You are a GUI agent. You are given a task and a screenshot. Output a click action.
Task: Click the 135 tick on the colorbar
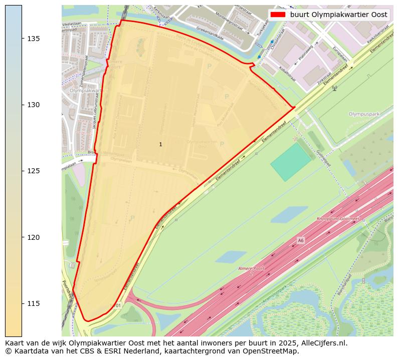pyautogui.click(x=33, y=39)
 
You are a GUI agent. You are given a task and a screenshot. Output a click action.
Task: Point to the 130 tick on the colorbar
pyautogui.click(x=33, y=105)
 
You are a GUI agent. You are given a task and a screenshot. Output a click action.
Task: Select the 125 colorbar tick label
pyautogui.click(x=33, y=171)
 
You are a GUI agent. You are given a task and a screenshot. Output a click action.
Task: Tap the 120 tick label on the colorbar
pyautogui.click(x=33, y=237)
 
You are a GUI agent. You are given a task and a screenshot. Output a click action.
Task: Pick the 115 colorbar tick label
pyautogui.click(x=33, y=303)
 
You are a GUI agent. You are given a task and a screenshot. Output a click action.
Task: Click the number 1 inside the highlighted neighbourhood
pyautogui.click(x=160, y=144)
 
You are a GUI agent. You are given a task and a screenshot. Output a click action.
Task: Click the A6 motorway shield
pyautogui.click(x=300, y=241)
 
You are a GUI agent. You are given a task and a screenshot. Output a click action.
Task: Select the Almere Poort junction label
pyautogui.click(x=251, y=269)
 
